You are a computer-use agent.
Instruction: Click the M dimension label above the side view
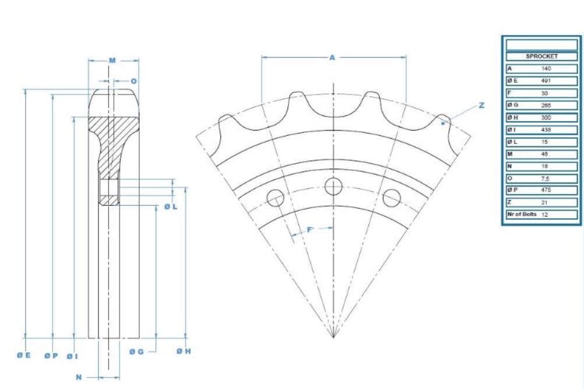[112, 60]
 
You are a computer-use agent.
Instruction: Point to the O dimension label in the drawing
[133, 81]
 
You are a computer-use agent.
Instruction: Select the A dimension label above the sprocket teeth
[332, 58]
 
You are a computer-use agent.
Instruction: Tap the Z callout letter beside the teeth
[481, 106]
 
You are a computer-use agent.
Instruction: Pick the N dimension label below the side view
[79, 377]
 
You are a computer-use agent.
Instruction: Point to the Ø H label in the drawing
[184, 351]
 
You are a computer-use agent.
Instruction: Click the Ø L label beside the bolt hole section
[170, 206]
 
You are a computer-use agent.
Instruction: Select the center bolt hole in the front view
[333, 187]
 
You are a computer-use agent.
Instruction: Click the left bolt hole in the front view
[275, 198]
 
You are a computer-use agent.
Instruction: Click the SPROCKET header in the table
[541, 57]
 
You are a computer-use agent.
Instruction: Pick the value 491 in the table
[546, 80]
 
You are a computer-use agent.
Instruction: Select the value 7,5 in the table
[546, 178]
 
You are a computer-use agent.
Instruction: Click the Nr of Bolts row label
[521, 215]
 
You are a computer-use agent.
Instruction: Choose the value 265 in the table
[546, 105]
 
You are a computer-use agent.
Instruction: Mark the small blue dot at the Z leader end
[444, 123]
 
